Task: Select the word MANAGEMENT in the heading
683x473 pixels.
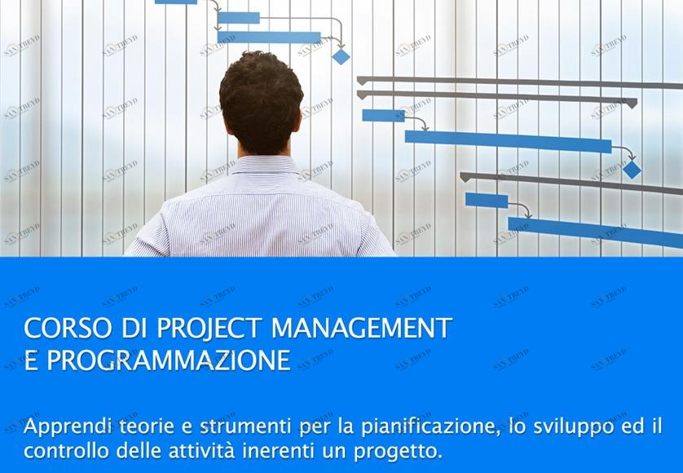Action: (x=362, y=329)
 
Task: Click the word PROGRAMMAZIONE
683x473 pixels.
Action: (x=168, y=360)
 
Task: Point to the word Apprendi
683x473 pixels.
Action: (x=68, y=427)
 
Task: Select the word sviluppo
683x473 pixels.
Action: (x=574, y=427)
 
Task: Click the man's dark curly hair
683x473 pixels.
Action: (x=261, y=100)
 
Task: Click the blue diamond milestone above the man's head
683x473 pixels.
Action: (x=341, y=56)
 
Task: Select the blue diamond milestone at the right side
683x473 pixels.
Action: (x=632, y=170)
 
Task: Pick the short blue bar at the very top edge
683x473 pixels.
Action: (x=176, y=2)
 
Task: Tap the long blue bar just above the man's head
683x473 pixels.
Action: (x=269, y=38)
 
